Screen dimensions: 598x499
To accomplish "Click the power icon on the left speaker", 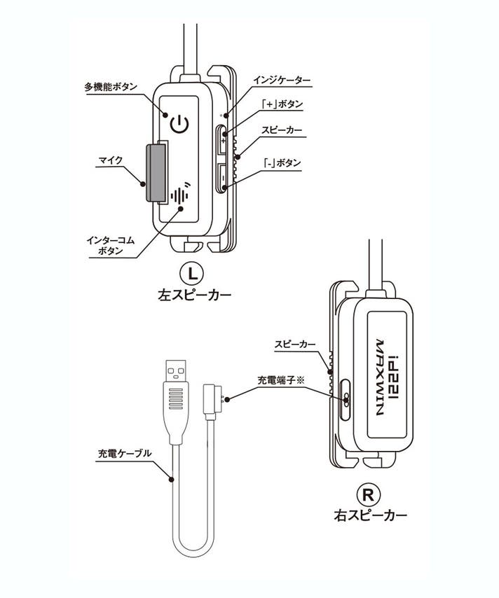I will (x=180, y=125).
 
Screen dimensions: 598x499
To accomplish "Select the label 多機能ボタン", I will (x=111, y=87).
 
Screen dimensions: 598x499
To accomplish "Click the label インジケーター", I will (x=285, y=81).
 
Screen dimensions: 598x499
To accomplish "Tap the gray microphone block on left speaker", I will (x=156, y=172).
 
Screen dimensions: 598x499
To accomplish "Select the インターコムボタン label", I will (x=110, y=245).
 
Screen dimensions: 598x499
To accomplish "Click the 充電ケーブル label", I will (x=123, y=453).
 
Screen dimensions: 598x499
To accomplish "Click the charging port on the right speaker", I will (x=346, y=398).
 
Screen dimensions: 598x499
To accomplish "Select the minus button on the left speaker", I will (x=221, y=178).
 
